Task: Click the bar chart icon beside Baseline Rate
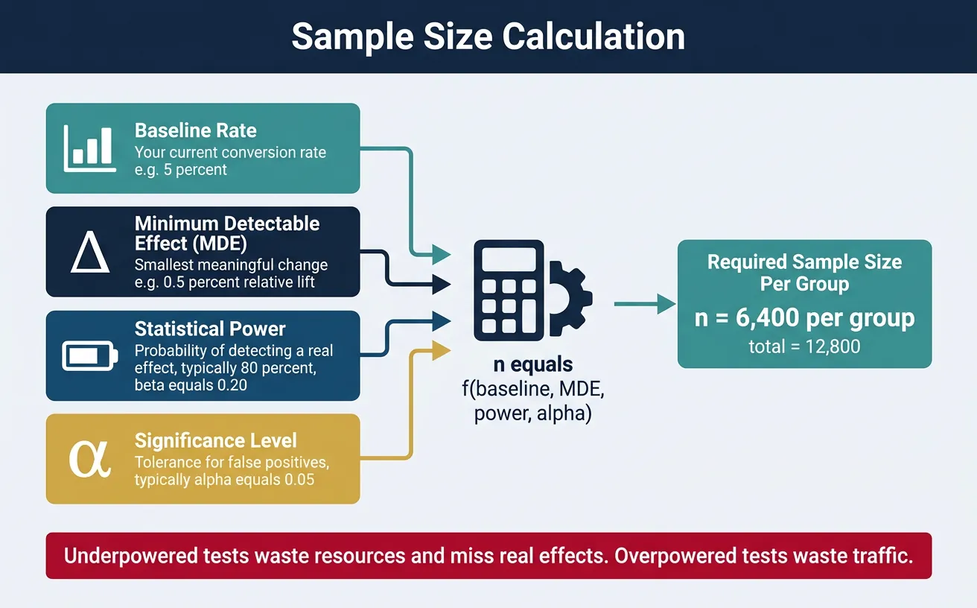[x=88, y=148]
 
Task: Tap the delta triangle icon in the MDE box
[x=89, y=253]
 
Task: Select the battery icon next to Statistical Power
[x=89, y=356]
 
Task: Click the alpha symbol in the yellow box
[x=89, y=458]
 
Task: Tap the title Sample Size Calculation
[x=488, y=37]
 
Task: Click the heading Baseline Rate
[x=195, y=130]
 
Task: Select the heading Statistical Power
[x=210, y=329]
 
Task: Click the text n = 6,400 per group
[x=804, y=318]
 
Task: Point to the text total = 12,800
[x=804, y=346]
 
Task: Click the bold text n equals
[x=532, y=365]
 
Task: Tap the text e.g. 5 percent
[x=181, y=170]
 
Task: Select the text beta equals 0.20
[x=191, y=385]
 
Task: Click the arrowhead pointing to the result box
[x=664, y=304]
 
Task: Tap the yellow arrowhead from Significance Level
[x=442, y=351]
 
